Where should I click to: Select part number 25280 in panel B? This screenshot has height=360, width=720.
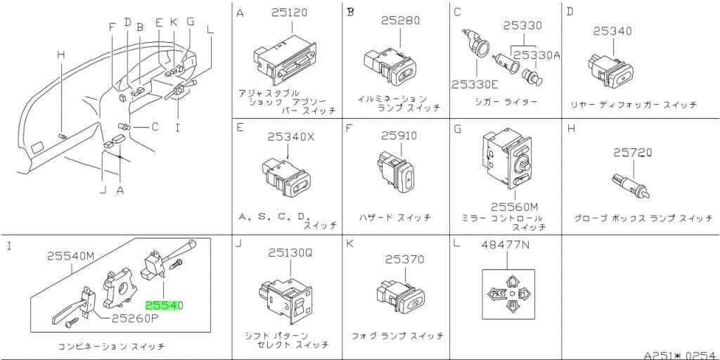tap(401, 21)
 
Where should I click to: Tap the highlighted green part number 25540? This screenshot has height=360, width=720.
tap(164, 306)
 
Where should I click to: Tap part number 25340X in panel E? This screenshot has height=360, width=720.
tap(290, 137)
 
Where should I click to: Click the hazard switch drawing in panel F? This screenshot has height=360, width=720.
tap(397, 174)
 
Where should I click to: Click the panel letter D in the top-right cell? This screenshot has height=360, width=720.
tap(570, 12)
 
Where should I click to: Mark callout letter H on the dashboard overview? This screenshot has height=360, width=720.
tap(61, 55)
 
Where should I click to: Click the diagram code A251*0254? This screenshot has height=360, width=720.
tap(679, 354)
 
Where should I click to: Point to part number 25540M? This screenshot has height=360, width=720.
tap(70, 257)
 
